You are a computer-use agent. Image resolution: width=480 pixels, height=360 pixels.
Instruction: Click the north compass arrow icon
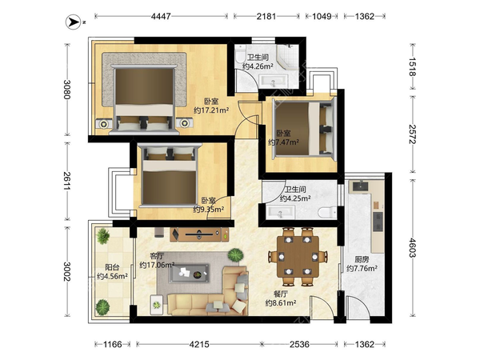pos(74,22)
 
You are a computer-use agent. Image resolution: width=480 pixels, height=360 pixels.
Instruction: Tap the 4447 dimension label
pos(161,16)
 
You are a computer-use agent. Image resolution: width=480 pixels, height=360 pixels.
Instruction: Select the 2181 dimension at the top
pos(266,16)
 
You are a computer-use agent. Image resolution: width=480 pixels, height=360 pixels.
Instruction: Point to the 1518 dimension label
pos(412,66)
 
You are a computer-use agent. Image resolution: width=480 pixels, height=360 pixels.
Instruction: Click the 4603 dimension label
pos(412,248)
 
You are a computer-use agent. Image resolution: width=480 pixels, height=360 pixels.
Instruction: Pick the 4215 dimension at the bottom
pos(199,344)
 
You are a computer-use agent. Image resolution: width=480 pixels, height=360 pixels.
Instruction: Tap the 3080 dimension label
pos(67,90)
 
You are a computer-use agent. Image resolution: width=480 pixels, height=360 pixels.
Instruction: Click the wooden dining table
pos(298,256)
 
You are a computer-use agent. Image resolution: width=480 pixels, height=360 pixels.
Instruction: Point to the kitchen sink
pos(362,186)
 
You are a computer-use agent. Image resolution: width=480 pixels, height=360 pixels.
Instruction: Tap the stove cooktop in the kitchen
pos(378,222)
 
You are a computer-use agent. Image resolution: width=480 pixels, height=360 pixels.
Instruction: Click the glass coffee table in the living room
pos(190,273)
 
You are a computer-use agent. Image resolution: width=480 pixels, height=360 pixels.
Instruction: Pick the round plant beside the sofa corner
pos(236,255)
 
